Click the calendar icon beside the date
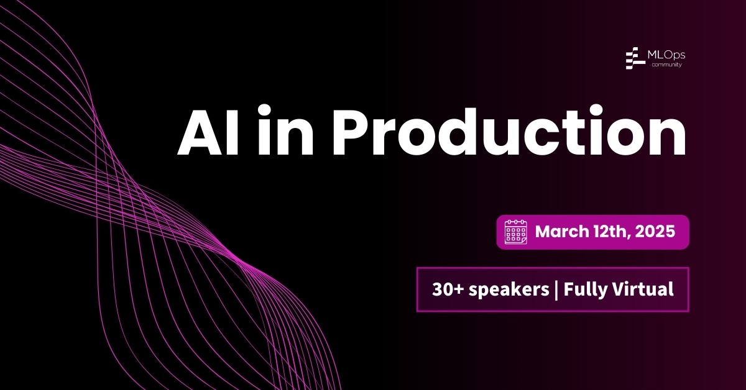click(x=515, y=232)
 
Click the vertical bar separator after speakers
click(x=556, y=289)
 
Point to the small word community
click(x=666, y=65)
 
